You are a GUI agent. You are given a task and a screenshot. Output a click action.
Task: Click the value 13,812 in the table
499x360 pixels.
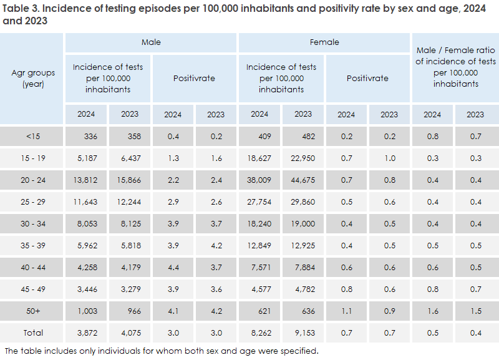point(86,180)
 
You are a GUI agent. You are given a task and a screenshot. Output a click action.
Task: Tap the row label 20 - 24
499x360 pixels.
point(32,180)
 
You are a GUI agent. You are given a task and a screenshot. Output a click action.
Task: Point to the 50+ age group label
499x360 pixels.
point(32,310)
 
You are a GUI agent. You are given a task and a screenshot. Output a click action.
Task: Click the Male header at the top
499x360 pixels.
point(151,42)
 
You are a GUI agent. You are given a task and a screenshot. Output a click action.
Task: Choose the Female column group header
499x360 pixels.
point(324,42)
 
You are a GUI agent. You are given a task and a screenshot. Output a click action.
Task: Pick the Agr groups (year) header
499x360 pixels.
point(32,78)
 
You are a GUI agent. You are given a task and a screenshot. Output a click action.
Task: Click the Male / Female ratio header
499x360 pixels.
point(455,61)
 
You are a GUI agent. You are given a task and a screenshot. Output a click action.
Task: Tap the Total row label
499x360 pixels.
point(32,333)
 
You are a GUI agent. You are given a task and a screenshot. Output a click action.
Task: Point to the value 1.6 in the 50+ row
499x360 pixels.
point(432,310)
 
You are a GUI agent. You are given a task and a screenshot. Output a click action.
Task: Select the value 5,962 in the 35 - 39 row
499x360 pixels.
point(86,245)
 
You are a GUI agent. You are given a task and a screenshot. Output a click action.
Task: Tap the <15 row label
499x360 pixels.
point(32,137)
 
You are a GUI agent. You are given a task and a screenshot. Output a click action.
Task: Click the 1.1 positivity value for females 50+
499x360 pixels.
point(346,310)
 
